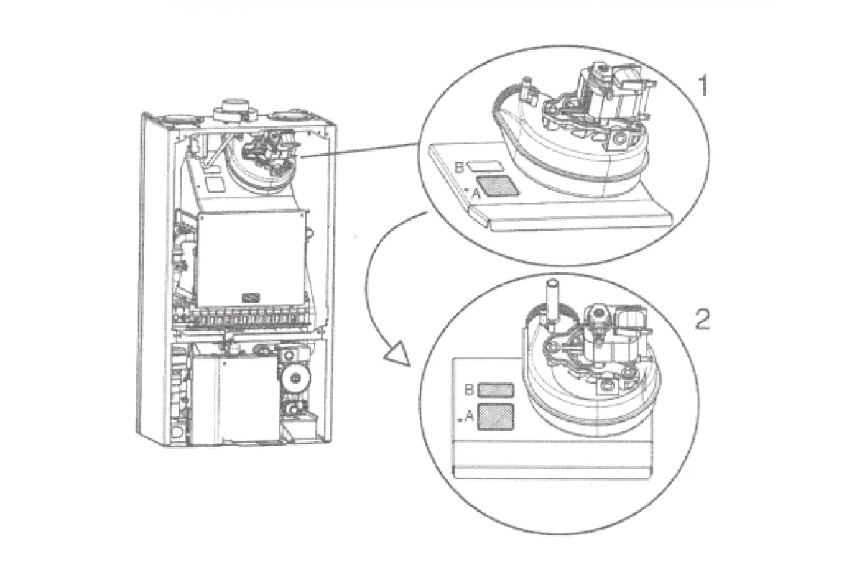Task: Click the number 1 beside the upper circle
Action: point(703,85)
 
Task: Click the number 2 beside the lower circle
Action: point(703,319)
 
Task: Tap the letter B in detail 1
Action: point(459,167)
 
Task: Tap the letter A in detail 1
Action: point(476,194)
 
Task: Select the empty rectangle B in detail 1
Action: point(486,166)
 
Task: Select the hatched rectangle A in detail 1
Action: point(498,185)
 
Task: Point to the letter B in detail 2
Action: point(469,390)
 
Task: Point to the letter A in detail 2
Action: point(469,416)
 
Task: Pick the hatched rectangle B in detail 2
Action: point(495,390)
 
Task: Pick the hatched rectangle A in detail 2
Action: point(495,417)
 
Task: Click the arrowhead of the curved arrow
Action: point(397,354)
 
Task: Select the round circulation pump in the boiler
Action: point(296,377)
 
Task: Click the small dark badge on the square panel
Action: point(251,298)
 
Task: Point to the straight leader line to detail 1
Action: point(359,150)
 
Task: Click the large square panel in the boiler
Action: point(252,259)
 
